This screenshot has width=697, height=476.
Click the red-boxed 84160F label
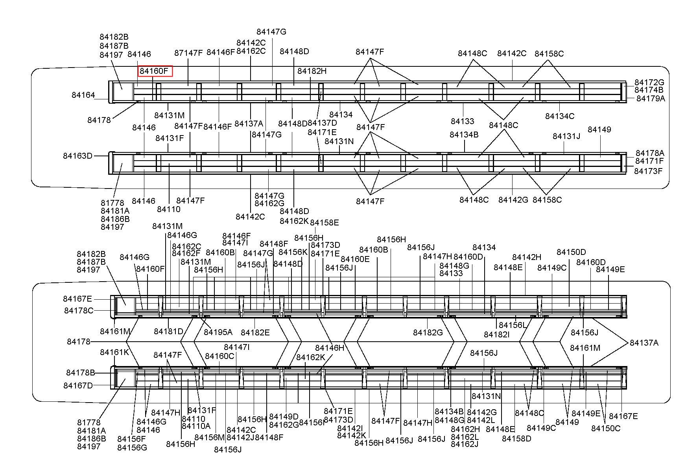coord(155,71)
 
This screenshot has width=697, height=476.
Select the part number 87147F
coord(188,53)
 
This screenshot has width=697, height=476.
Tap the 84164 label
coord(83,95)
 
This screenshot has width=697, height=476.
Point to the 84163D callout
coord(77,156)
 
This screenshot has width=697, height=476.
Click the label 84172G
coord(649,82)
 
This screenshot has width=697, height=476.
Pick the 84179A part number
coord(651,99)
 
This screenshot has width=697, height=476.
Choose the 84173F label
coord(648,171)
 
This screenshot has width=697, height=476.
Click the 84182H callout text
coord(312,71)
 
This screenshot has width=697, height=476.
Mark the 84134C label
coord(560,116)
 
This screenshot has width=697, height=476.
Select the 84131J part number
coord(566,136)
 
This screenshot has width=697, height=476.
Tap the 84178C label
coord(79,311)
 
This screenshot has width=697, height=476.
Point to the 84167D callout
coord(78,386)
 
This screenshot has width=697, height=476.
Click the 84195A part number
coord(218,332)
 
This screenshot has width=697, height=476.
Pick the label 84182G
coord(428,333)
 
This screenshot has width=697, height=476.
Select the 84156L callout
coord(513,325)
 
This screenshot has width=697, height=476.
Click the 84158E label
coord(325,223)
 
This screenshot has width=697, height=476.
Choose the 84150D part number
coord(571,252)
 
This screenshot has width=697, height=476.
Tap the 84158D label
coord(516,438)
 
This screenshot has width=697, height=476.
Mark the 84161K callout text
coord(114,352)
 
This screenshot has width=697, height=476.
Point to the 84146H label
coord(330,348)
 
